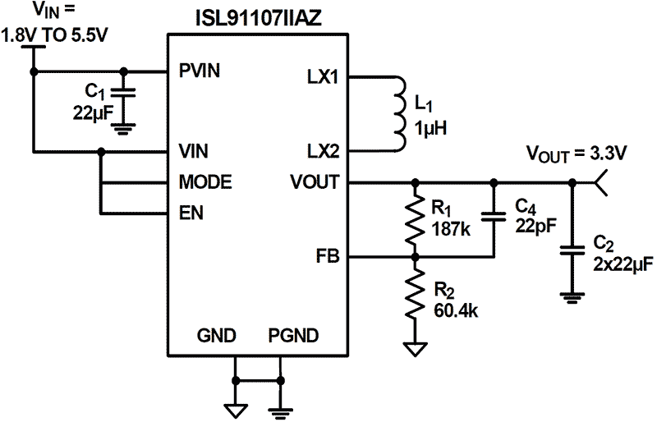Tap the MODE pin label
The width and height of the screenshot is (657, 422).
(x=204, y=181)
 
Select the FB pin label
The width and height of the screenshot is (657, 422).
(x=328, y=257)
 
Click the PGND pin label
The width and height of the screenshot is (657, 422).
(x=293, y=336)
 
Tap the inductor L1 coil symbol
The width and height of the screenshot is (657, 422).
(x=400, y=115)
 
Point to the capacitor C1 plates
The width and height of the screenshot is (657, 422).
(x=123, y=93)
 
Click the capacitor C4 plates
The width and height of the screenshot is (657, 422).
(x=494, y=218)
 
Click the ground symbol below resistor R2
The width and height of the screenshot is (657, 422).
(x=416, y=349)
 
